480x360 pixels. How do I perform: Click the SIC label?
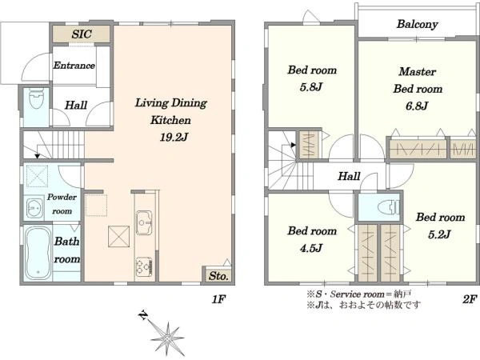82,34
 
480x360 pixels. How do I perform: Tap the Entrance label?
74,66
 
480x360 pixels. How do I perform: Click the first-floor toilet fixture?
37,98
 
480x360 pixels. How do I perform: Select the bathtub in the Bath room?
38,253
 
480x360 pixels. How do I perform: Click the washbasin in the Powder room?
34,208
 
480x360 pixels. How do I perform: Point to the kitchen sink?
144,222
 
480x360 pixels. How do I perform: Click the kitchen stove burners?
144,266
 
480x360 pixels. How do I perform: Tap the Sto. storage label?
218,276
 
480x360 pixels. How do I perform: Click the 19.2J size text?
174,137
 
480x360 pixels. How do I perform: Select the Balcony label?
418,24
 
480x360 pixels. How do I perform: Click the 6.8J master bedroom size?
416,106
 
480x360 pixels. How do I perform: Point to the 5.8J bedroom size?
311,87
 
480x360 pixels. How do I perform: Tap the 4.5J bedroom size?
311,248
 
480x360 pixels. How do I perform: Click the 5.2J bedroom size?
439,234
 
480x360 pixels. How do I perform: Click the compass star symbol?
167,338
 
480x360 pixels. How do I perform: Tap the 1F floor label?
218,299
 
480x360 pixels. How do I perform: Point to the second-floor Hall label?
349,176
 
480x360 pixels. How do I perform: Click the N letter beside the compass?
143,315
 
